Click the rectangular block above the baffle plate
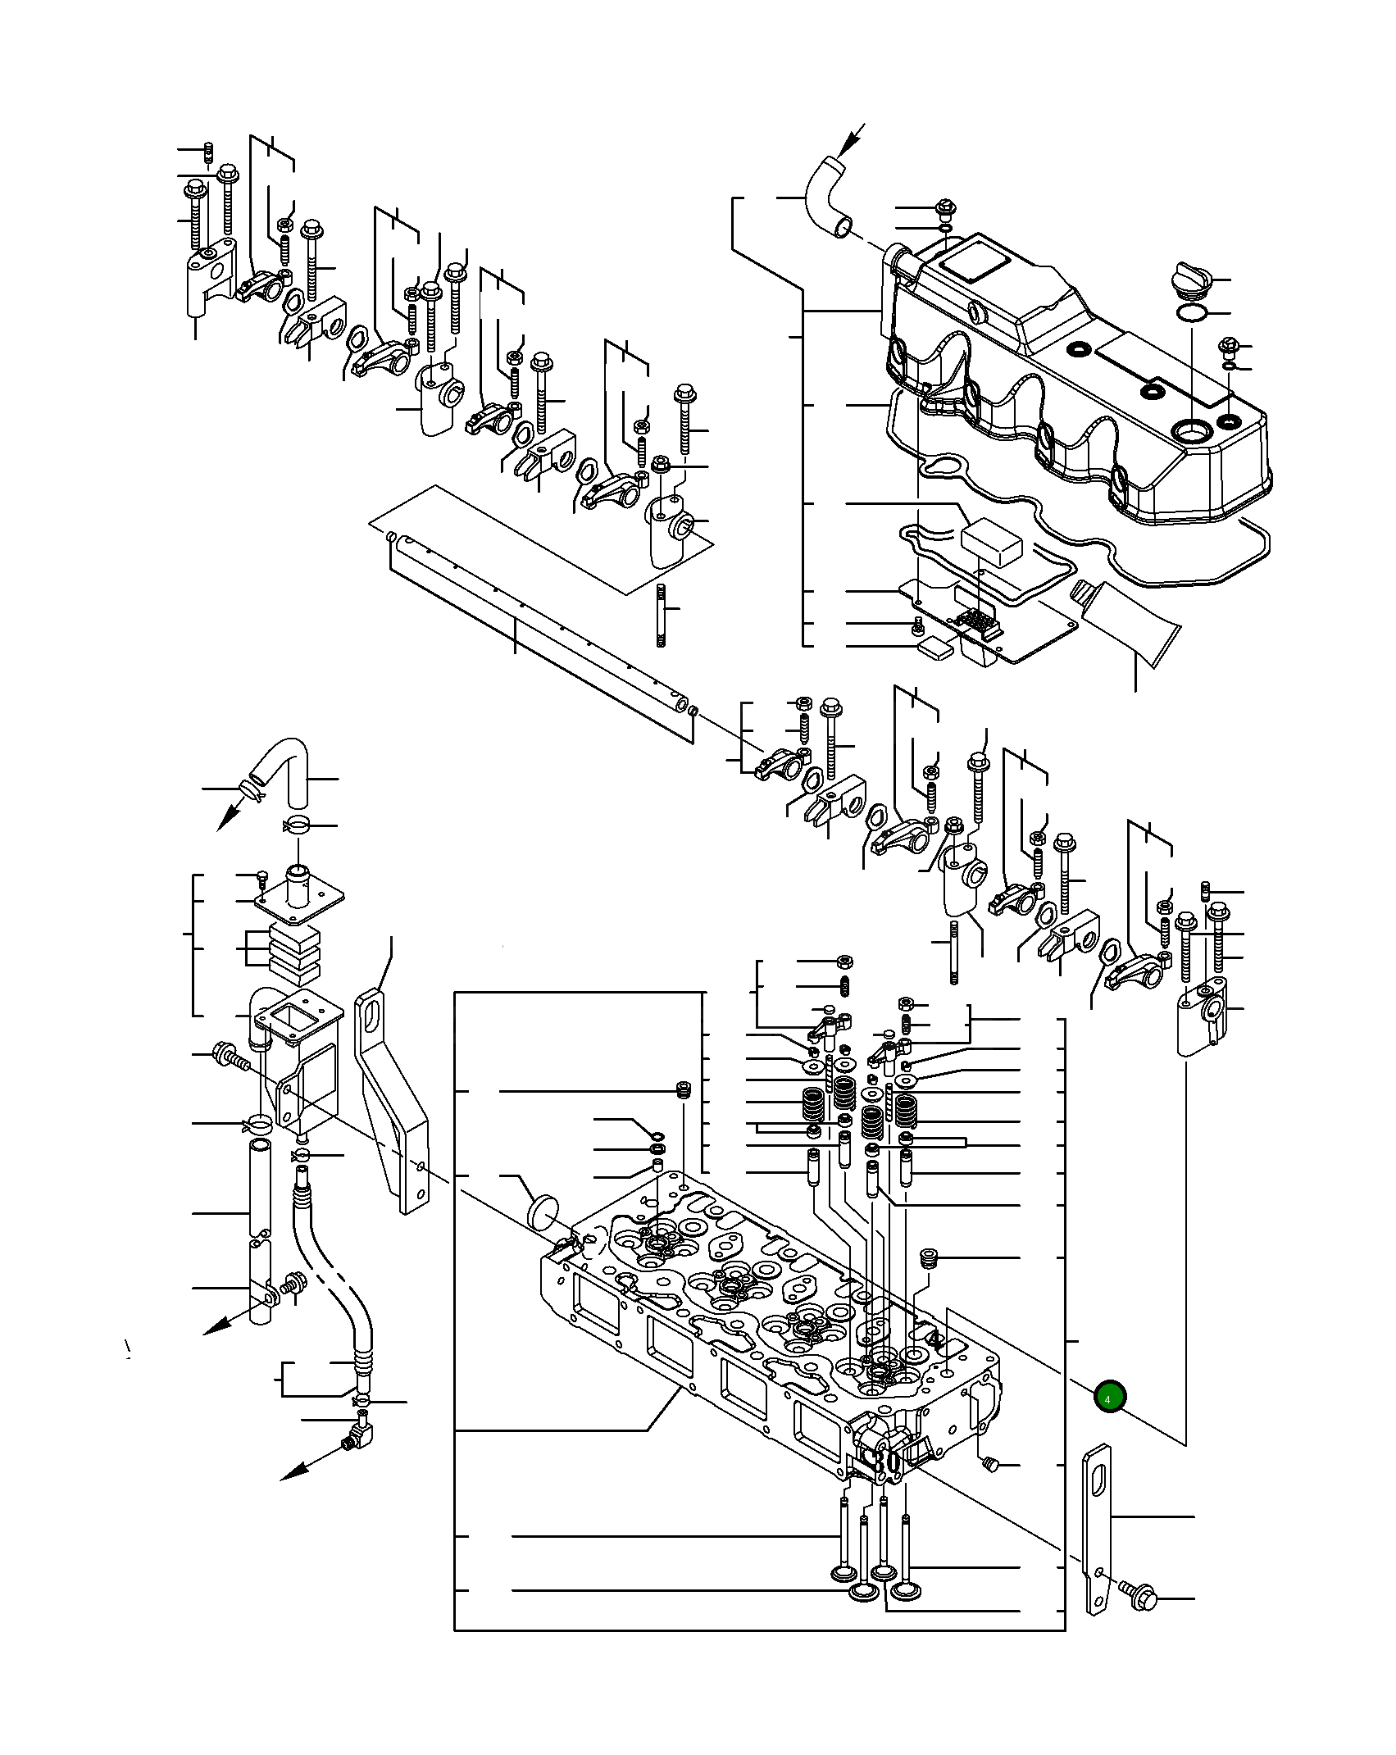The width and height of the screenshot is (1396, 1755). [992, 542]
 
